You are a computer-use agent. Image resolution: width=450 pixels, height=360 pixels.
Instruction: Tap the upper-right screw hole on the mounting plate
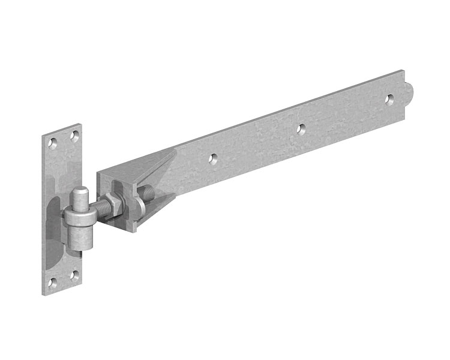[74, 135]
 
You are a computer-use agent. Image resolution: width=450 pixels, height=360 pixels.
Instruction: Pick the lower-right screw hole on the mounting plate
[74, 275]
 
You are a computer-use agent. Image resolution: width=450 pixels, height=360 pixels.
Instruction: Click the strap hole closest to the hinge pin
[212, 159]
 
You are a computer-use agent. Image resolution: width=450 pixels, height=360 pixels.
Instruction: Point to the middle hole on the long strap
[302, 128]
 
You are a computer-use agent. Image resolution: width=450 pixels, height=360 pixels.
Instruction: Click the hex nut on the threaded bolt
[114, 206]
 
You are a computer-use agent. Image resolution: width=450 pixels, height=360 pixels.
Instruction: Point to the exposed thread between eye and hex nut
[102, 210]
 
